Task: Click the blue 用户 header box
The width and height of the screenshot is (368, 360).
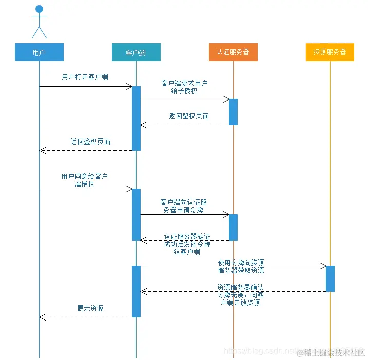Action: click(39, 52)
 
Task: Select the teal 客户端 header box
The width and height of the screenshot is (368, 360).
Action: click(136, 52)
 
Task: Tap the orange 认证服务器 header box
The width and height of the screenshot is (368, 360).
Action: click(233, 52)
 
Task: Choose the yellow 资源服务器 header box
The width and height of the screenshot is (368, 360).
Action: click(330, 52)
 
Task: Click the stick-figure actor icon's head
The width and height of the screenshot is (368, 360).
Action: click(39, 9)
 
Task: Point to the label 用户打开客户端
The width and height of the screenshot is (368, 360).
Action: click(85, 77)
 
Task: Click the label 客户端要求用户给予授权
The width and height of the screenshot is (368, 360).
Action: click(184, 87)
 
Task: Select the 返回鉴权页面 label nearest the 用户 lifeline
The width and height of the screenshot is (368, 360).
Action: click(90, 142)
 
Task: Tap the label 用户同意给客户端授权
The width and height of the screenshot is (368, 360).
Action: click(85, 180)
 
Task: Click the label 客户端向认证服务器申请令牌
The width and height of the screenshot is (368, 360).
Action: click(184, 206)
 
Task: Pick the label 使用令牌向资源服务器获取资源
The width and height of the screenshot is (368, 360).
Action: click(241, 266)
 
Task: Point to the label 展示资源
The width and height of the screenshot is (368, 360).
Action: click(90, 308)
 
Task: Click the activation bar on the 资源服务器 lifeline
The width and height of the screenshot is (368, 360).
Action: click(330, 278)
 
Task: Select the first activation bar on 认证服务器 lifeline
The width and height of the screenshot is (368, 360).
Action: click(233, 112)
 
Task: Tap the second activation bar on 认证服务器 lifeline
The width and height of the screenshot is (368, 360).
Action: click(233, 227)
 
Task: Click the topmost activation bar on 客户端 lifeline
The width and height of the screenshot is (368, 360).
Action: click(136, 118)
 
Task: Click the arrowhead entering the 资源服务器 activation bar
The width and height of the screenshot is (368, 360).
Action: click(323, 266)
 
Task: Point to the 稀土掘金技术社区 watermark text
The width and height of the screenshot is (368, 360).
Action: click(334, 352)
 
